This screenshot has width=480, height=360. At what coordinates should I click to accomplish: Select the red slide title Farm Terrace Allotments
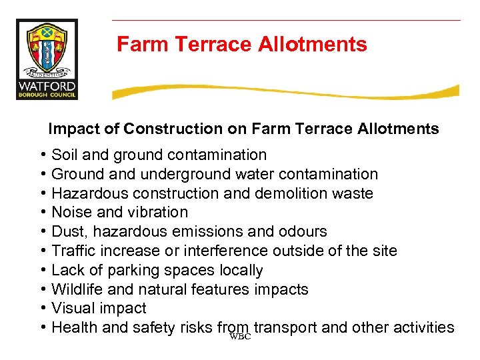(241, 45)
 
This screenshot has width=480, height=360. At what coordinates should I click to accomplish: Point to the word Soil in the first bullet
(65, 155)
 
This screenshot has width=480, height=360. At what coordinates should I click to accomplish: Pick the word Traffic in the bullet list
(74, 251)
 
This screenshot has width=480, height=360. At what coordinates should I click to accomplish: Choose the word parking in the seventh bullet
(137, 271)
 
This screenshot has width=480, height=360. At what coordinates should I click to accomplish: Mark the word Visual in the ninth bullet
(72, 309)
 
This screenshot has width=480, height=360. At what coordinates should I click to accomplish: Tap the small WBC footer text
(239, 337)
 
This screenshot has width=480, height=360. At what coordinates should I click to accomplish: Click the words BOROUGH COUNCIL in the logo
(47, 95)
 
